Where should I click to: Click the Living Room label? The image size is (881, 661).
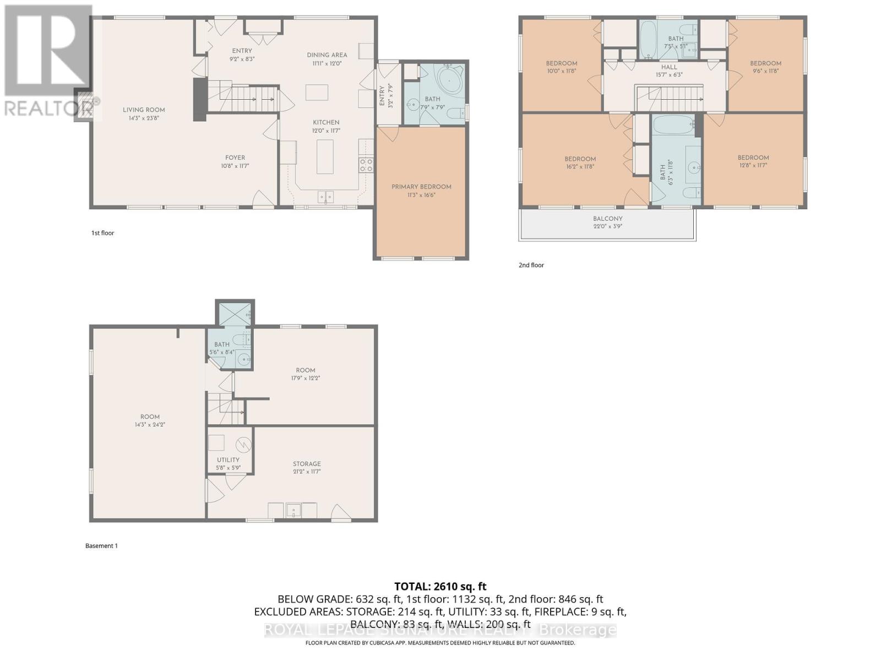click(x=144, y=110)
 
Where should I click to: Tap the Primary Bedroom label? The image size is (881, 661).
click(x=421, y=187)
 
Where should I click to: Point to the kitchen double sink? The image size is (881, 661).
click(x=325, y=197)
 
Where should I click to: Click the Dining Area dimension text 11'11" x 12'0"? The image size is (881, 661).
click(x=327, y=63)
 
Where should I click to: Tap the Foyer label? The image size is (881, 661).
click(x=235, y=158)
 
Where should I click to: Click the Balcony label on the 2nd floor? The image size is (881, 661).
click(x=608, y=219)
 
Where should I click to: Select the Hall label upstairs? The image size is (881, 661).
click(x=669, y=67)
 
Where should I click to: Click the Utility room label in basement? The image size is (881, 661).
click(x=228, y=460)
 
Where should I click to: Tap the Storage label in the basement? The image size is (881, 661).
click(x=307, y=464)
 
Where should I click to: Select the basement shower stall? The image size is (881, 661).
click(x=235, y=315)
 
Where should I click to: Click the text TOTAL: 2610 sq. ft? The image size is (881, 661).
click(x=440, y=587)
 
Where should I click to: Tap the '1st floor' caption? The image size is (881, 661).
click(x=103, y=233)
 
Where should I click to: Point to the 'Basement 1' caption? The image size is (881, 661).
click(x=101, y=546)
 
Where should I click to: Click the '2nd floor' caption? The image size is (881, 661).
click(x=531, y=265)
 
